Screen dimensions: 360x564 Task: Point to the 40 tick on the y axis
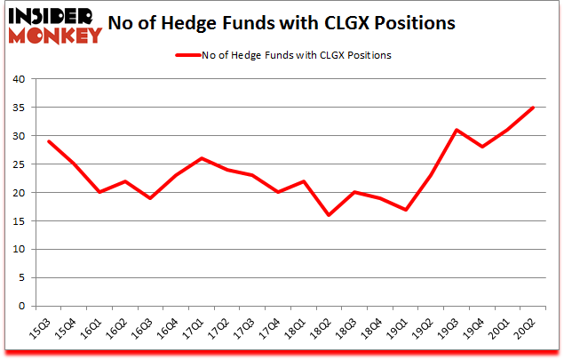pyautogui.click(x=19, y=79)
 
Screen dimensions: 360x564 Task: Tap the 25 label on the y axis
pyautogui.click(x=19, y=164)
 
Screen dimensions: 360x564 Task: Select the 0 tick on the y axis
pyautogui.click(x=21, y=306)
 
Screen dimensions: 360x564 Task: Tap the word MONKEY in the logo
pyautogui.click(x=55, y=36)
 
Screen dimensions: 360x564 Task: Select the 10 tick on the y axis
pyautogui.click(x=19, y=249)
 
